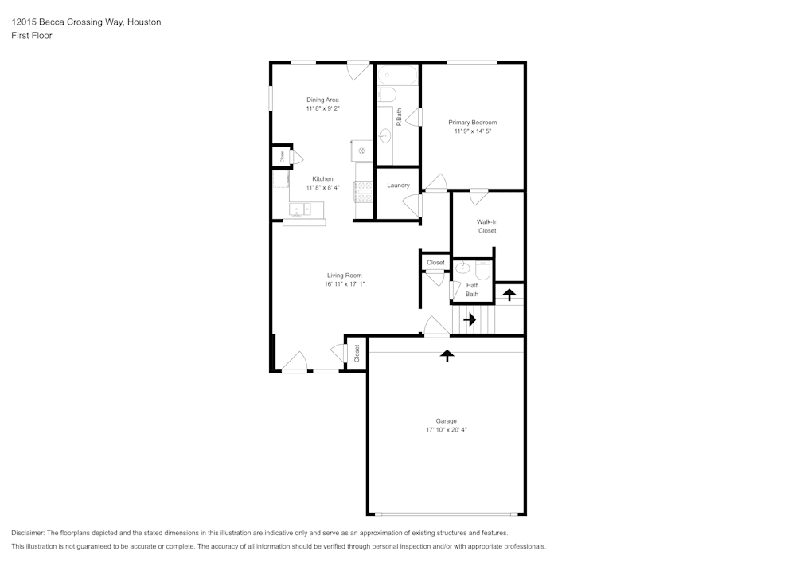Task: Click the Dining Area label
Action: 322,100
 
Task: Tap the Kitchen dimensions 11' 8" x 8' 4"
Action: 322,188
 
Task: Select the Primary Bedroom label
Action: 472,122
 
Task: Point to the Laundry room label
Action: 398,186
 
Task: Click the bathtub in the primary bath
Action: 397,76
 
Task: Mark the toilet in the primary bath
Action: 387,96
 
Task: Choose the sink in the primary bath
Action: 385,135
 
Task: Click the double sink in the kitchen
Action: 301,210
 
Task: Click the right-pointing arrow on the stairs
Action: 470,320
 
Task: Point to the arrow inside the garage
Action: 447,355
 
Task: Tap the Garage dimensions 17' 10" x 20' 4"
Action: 446,430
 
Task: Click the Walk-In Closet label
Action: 487,226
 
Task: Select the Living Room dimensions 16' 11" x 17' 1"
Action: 344,284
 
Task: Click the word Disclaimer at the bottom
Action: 28,533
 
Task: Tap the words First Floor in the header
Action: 32,36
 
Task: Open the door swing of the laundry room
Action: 412,205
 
